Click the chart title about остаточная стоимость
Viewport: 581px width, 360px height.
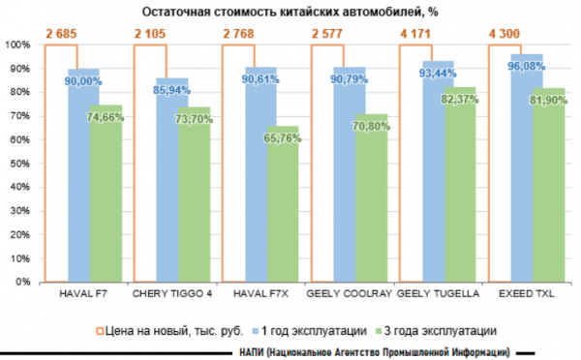[x=290, y=12]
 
